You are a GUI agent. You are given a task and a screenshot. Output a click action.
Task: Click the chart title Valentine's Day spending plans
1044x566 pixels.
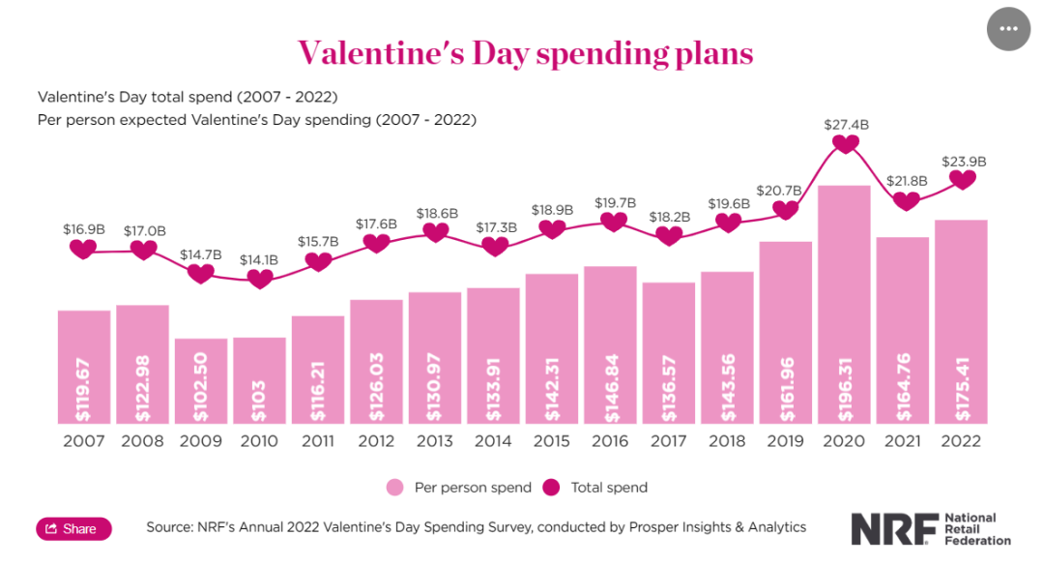point(525,52)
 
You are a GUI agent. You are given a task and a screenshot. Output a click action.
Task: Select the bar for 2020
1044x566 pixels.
point(844,290)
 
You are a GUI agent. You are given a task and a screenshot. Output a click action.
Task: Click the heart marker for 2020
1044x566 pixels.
point(846,143)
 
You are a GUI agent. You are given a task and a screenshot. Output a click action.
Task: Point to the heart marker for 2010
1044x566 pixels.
point(259,279)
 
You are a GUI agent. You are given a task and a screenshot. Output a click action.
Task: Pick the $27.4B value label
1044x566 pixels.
point(846,124)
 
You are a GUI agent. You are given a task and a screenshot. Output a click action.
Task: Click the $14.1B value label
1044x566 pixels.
point(259,259)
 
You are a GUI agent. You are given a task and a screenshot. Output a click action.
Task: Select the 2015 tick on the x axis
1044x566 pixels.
point(552,441)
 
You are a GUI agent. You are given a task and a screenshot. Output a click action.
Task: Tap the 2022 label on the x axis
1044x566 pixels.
point(961,441)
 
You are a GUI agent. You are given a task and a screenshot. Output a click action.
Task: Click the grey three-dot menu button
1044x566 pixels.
point(1009,28)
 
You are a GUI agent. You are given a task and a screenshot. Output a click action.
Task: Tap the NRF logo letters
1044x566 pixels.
point(894,529)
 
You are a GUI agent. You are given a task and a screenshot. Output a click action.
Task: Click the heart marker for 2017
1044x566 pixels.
point(668,235)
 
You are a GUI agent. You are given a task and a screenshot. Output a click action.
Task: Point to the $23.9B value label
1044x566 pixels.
point(964,162)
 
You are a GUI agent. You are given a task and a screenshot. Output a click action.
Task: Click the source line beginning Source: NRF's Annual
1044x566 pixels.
point(476,527)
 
